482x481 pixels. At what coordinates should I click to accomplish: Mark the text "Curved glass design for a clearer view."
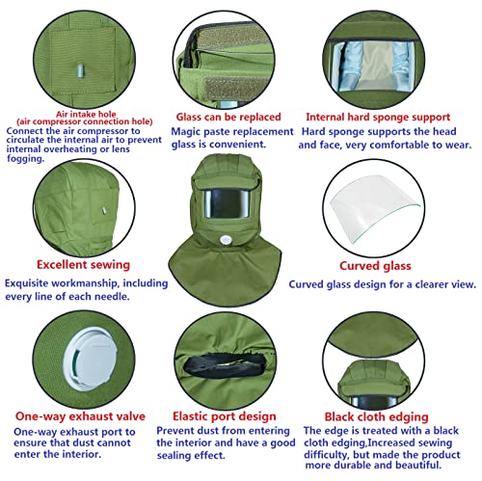pyautogui.click(x=383, y=283)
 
